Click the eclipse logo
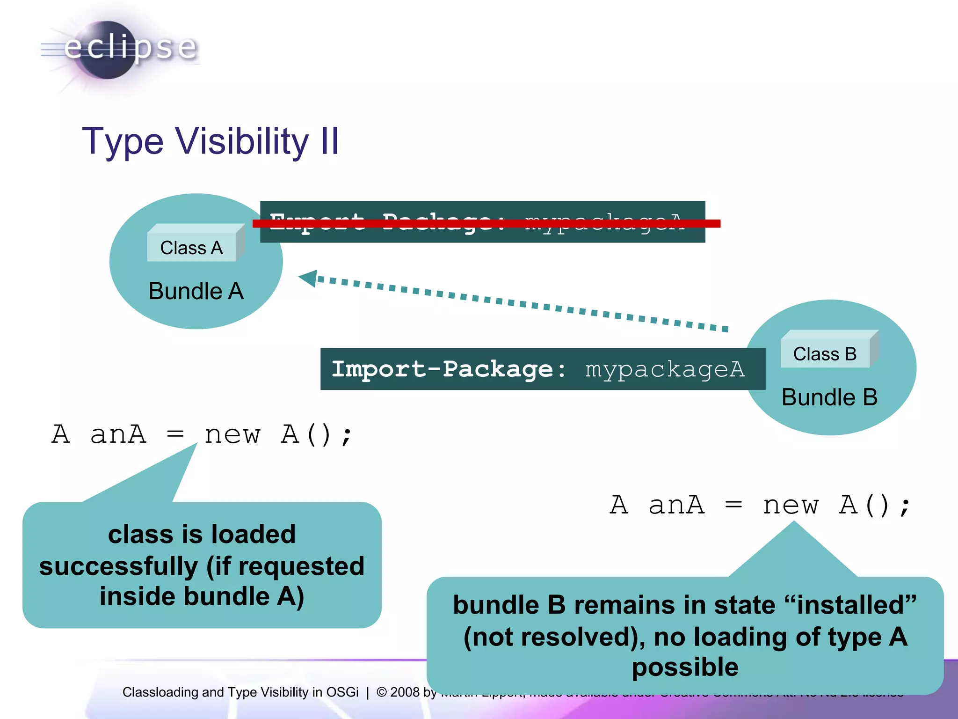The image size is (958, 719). coord(119,49)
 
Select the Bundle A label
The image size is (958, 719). coord(196,291)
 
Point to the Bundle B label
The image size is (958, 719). coord(829,397)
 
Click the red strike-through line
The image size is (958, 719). coord(486,224)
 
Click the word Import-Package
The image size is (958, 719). coord(442,369)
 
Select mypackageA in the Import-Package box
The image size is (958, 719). coord(664,369)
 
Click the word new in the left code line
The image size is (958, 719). coord(232,435)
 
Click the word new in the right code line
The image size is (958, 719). coord(790,506)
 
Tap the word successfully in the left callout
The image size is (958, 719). coord(118,566)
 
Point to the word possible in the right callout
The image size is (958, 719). coord(685,667)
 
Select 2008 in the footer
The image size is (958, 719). coord(405,692)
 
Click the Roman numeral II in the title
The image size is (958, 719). coord(330,141)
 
